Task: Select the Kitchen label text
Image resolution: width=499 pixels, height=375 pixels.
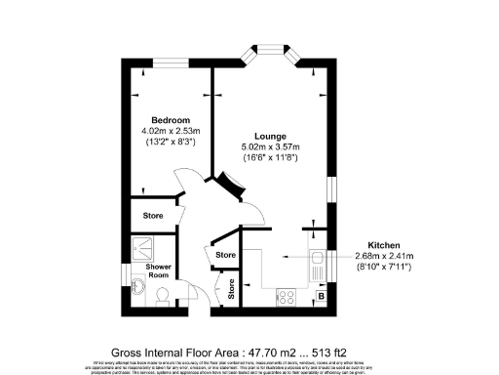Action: coord(385,245)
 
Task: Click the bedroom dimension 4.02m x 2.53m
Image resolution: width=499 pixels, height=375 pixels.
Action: coord(170,131)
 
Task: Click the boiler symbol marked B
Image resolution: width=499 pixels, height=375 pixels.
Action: coord(320,296)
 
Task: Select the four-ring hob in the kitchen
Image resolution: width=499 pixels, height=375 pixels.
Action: coord(288,294)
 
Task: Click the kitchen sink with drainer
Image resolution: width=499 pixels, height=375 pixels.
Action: coord(317,262)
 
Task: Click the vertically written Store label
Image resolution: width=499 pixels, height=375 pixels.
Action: coord(231,288)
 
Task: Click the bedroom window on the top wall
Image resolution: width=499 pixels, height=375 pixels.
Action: coord(172,65)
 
